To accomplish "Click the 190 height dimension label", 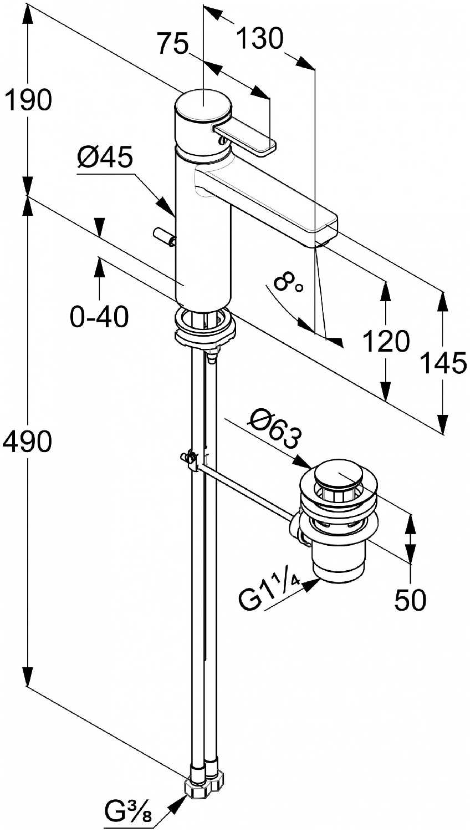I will click(x=28, y=100).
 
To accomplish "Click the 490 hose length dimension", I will click(x=28, y=442).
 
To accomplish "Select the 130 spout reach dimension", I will click(x=259, y=39).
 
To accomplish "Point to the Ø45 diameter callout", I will click(x=105, y=159).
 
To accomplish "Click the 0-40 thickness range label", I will click(x=100, y=317).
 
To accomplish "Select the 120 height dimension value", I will click(x=386, y=341).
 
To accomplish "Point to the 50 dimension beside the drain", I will click(x=410, y=600).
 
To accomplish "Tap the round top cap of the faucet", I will click(x=203, y=105).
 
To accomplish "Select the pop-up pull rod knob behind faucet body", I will click(x=164, y=236).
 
